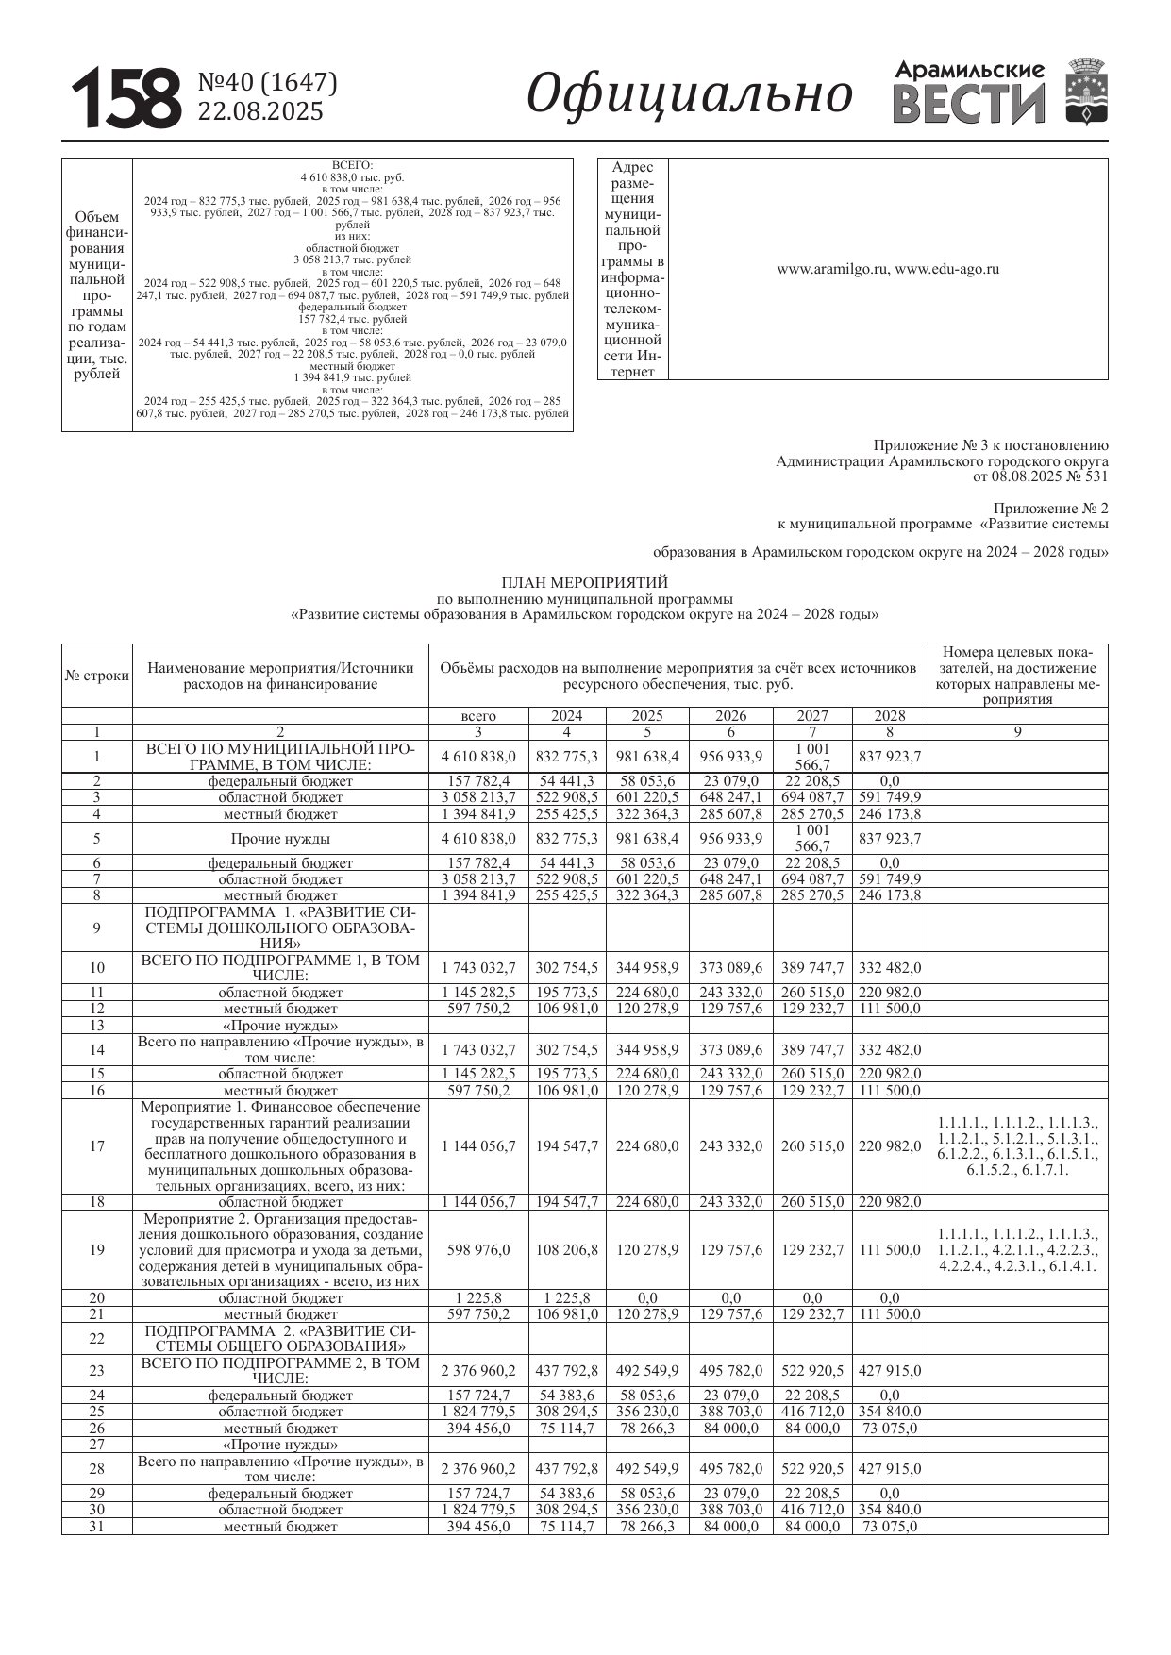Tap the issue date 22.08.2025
(259, 111)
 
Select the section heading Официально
(689, 94)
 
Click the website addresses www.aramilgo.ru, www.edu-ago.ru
(887, 269)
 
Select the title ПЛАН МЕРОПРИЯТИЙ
(585, 583)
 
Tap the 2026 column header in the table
(730, 716)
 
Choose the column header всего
(478, 716)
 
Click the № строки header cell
(97, 676)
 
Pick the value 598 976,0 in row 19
(478, 1249)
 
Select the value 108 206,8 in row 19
(566, 1249)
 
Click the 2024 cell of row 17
(566, 1146)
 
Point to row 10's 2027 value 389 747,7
(812, 967)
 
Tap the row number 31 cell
(97, 1527)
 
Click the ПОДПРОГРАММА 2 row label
(280, 1338)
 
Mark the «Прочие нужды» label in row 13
(280, 1026)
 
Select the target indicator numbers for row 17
(1018, 1146)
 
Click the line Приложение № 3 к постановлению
(991, 445)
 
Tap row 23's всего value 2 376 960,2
(478, 1371)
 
